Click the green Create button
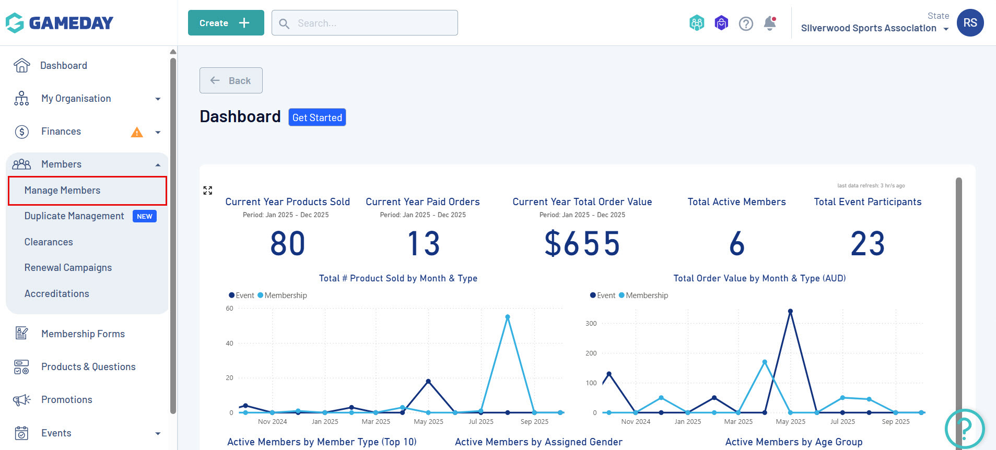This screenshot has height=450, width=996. click(226, 23)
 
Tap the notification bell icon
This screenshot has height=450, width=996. click(769, 23)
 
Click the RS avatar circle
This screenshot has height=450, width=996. click(970, 23)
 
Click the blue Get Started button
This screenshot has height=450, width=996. click(317, 117)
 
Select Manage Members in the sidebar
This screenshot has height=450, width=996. click(63, 191)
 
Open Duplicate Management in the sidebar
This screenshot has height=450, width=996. click(74, 216)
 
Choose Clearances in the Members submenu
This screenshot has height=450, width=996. click(49, 242)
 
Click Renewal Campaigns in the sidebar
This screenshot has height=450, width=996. click(68, 268)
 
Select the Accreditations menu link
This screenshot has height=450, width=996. click(57, 294)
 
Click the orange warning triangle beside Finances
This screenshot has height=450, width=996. click(137, 132)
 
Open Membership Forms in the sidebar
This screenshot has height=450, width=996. click(83, 334)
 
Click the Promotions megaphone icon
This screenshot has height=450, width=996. click(21, 400)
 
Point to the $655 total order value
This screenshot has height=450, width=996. click(582, 244)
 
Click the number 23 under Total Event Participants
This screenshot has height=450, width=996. click(868, 244)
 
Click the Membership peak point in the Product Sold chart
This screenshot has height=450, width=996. click(508, 317)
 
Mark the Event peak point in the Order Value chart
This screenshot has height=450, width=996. click(790, 311)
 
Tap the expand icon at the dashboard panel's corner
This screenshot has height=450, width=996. click(208, 191)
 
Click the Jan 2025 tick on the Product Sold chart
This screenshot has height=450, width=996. click(325, 421)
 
